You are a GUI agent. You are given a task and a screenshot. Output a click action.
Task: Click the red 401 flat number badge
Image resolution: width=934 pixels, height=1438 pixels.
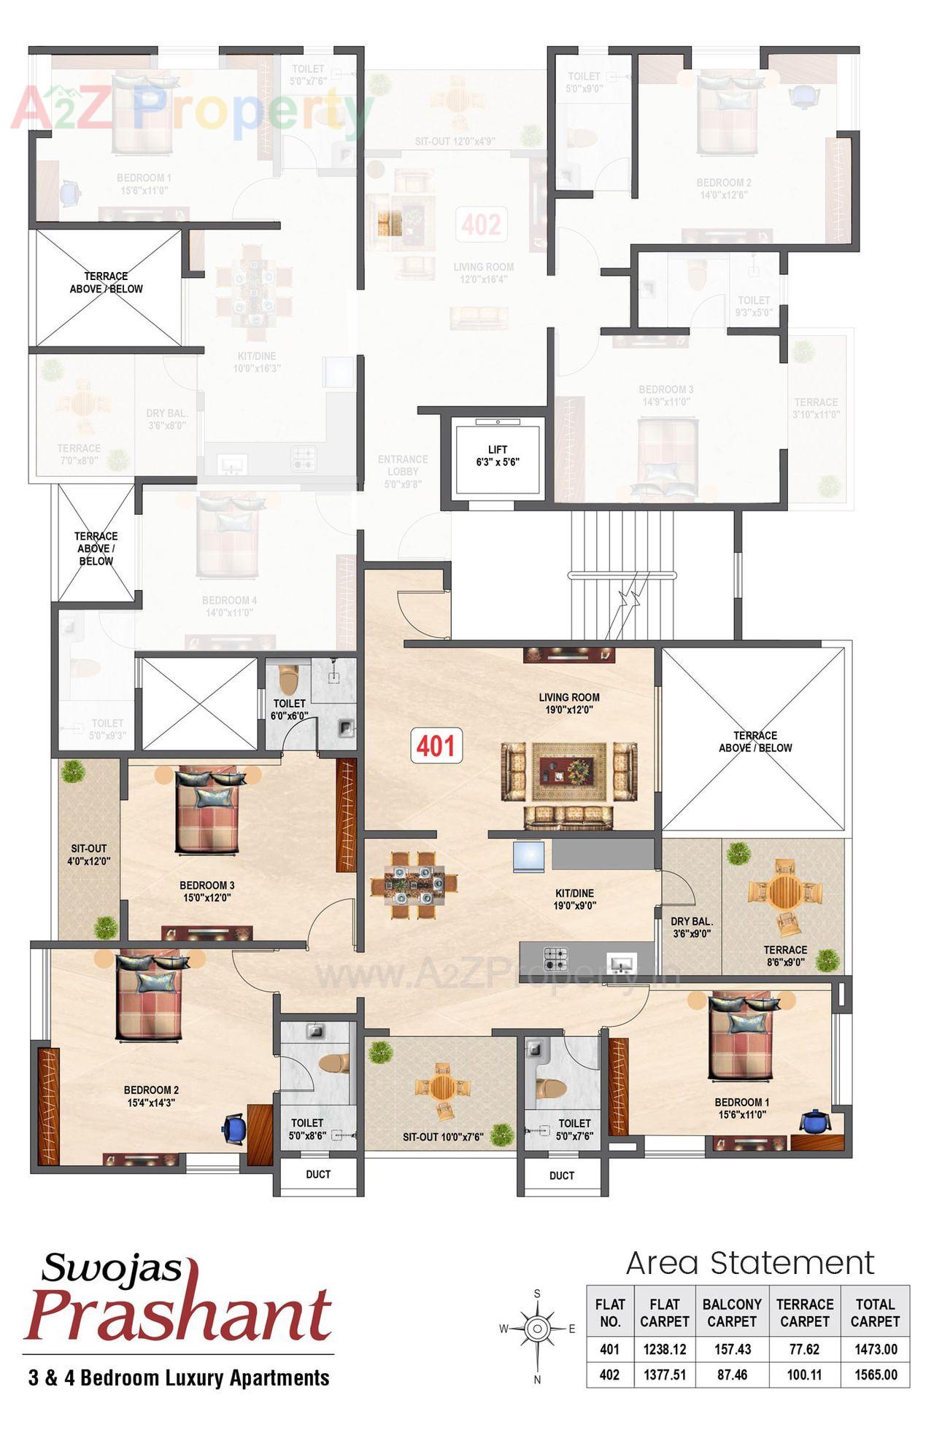pos(436,746)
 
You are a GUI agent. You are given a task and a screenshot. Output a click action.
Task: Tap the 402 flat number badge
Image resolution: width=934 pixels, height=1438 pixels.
pos(481,225)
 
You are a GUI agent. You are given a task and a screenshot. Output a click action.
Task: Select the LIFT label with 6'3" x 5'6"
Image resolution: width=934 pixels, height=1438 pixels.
pos(497,456)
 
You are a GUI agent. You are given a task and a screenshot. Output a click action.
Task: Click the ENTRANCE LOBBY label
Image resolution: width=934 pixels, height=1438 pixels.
pos(403,471)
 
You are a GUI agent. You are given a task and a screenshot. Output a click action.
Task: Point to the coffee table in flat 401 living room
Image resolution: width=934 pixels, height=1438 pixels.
pos(569,770)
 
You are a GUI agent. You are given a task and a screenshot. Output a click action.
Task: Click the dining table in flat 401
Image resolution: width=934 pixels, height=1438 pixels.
pos(414,883)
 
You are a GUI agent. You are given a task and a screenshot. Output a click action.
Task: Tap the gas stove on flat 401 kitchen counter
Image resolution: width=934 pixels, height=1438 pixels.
pos(555,958)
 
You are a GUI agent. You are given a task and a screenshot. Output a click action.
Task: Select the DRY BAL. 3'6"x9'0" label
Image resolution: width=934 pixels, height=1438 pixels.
pos(691,928)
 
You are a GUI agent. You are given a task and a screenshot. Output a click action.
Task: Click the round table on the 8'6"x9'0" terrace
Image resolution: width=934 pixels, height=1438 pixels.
pos(785,891)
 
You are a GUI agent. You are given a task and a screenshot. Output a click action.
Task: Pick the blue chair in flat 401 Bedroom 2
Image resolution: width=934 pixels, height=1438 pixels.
pos(234,1128)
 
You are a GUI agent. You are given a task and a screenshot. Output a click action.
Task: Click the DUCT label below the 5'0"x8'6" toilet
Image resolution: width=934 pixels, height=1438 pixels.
pos(318,1175)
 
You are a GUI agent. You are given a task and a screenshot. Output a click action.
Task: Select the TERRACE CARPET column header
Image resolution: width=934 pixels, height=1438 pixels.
pos(804,1313)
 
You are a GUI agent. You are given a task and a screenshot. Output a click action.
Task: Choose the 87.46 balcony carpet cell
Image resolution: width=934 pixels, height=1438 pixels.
pos(731,1375)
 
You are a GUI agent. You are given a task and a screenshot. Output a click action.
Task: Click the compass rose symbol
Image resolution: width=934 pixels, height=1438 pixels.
pos(537,1329)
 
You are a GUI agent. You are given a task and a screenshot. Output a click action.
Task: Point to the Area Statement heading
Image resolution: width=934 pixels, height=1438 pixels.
pos(749,1263)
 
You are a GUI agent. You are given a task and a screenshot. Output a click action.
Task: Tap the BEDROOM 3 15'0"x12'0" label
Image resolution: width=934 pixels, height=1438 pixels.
pos(207,891)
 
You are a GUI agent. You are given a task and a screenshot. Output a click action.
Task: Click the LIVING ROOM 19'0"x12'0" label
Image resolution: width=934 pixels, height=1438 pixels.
pos(569,703)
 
